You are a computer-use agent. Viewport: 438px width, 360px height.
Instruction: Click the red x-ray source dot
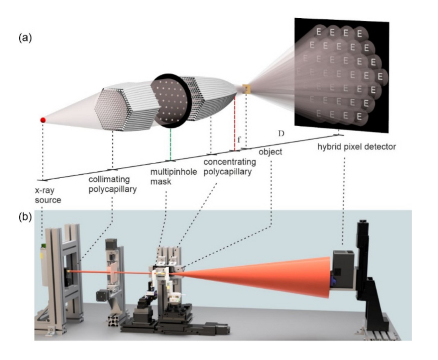coord(42,120)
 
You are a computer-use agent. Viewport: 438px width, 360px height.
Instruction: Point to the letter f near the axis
coord(239,140)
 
